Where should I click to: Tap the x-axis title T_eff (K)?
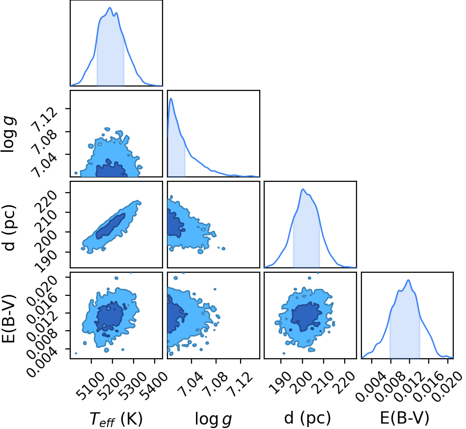pyautogui.click(x=116, y=419)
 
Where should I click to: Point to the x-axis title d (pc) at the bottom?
pyautogui.click(x=307, y=418)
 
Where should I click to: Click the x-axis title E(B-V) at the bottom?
pyautogui.click(x=405, y=418)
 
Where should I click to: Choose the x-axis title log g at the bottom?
pyautogui.click(x=213, y=419)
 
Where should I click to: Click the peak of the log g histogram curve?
pyautogui.click(x=171, y=98)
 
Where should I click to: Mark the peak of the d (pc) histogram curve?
pyautogui.click(x=303, y=189)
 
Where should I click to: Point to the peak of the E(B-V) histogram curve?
pyautogui.click(x=409, y=280)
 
